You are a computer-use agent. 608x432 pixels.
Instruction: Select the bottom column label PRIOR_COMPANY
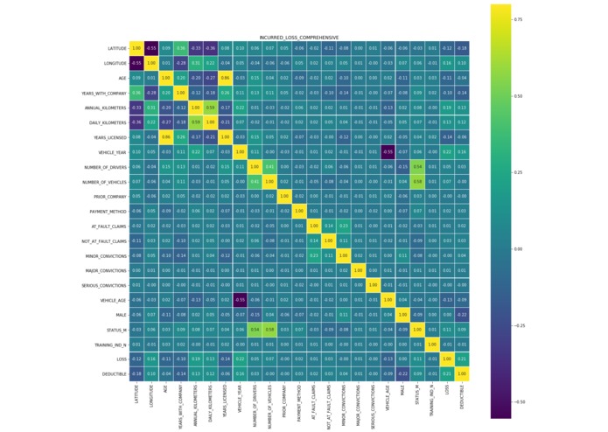(284, 400)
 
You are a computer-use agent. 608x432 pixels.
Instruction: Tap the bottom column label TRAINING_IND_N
(433, 401)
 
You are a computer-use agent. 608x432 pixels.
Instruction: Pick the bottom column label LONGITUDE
(150, 396)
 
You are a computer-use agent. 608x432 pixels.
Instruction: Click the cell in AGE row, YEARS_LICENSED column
(225, 78)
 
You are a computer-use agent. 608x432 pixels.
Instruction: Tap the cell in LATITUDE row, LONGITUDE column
(150, 48)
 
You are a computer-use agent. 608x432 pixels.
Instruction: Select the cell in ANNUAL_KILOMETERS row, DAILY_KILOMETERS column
(210, 108)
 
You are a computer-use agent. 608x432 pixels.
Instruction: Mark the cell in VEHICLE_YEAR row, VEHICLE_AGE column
(388, 152)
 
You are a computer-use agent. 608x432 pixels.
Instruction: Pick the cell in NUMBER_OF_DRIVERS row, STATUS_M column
(417, 167)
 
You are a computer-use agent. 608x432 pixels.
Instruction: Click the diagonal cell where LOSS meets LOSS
(447, 359)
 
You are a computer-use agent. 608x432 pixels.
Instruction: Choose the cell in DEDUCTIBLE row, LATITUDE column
(136, 374)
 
